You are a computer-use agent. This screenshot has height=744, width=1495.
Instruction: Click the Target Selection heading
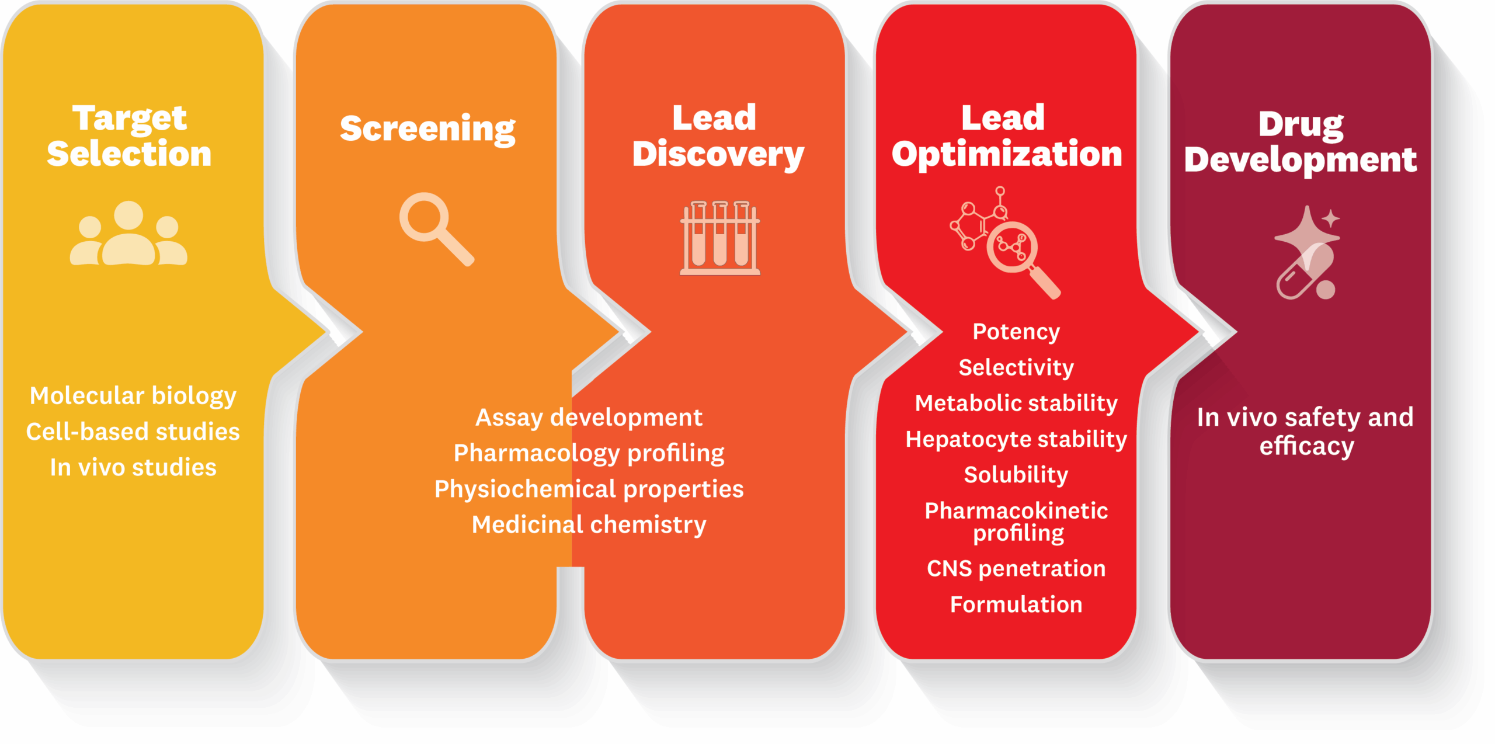coord(129,135)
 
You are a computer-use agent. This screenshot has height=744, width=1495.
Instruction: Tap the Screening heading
coord(427,128)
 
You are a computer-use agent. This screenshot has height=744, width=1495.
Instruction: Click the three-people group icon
coord(128,234)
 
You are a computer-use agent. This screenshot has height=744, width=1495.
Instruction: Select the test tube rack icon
coord(720,238)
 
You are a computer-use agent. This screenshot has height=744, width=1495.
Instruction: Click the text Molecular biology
coord(133,396)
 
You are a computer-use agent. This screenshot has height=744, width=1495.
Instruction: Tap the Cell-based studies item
coord(133,432)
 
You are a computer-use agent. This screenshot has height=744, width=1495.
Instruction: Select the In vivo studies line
coord(133,467)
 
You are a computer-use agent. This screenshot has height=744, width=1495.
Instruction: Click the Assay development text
coord(589,418)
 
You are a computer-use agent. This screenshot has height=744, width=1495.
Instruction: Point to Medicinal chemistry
coord(589,524)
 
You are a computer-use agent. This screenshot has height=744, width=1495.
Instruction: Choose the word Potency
coord(1016,332)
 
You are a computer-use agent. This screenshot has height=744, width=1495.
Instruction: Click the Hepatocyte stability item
coord(1016,439)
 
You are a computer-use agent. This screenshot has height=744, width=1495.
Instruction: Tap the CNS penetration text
coord(1016,568)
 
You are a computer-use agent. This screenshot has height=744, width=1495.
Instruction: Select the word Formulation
coord(1016,604)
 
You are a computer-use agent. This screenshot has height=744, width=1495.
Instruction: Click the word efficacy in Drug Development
coord(1306,447)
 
